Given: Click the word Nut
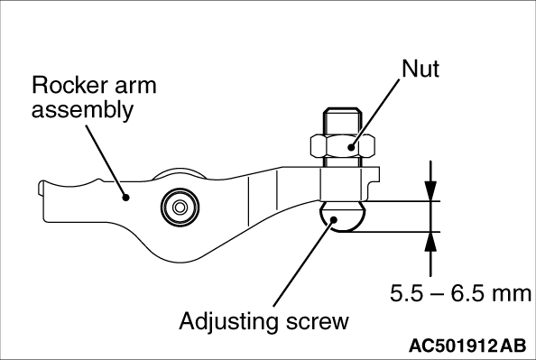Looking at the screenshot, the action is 420,69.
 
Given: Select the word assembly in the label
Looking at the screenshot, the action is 82,111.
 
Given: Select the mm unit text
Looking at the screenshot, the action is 512,295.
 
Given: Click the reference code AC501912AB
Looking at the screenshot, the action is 467,346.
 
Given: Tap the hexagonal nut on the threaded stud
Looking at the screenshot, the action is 343,146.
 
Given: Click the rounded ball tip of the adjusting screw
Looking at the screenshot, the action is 343,217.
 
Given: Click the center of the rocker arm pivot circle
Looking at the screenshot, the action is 180,207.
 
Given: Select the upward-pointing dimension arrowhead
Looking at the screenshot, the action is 430,242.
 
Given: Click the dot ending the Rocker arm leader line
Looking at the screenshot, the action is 126,198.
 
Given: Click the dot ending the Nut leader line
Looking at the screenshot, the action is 351,147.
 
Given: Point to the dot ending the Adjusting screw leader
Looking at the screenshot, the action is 334,220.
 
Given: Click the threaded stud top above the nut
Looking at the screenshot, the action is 343,122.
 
